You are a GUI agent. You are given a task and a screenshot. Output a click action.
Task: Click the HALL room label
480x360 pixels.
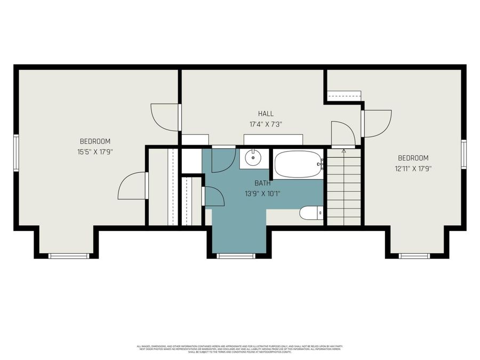(x=266, y=114)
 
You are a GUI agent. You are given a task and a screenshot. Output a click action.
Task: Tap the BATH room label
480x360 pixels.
(x=262, y=183)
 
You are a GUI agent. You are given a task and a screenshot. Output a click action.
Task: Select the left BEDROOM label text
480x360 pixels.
(x=95, y=141)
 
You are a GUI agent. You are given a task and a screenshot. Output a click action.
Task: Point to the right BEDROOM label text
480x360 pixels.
(x=413, y=158)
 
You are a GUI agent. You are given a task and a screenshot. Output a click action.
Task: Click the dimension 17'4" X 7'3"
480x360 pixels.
(x=266, y=124)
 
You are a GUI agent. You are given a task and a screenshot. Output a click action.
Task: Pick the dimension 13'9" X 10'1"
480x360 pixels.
(x=262, y=194)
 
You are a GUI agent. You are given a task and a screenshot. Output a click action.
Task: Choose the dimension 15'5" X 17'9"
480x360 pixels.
(x=95, y=152)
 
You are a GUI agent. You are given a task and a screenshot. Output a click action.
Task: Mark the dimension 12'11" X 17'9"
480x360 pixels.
(x=413, y=169)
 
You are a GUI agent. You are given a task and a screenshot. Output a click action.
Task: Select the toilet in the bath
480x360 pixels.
(x=311, y=213)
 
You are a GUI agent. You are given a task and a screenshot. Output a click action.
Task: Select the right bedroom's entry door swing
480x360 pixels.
(x=377, y=123)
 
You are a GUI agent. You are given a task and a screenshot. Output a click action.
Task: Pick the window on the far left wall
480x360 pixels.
(x=16, y=153)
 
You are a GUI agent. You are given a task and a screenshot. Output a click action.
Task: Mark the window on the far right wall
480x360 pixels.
(x=463, y=154)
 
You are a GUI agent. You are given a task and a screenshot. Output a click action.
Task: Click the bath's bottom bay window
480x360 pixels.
(x=236, y=256)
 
